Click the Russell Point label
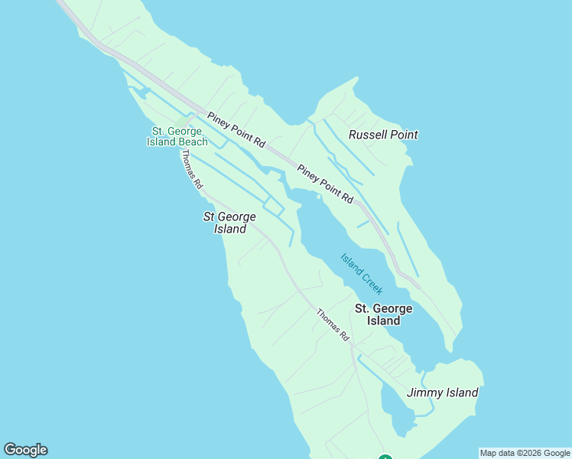(x=383, y=135)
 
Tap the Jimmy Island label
(x=442, y=392)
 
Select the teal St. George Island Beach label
(x=177, y=136)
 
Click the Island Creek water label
(x=362, y=273)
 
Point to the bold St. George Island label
(x=383, y=314)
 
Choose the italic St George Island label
(x=229, y=223)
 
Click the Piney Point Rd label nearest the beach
(x=236, y=130)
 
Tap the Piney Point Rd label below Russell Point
(x=326, y=184)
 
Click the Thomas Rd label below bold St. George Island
(x=333, y=324)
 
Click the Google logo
(x=25, y=450)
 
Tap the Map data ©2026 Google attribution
(x=525, y=453)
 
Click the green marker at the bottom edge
(x=385, y=457)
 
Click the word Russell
(x=367, y=135)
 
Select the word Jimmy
(x=424, y=392)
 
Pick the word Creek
(x=372, y=284)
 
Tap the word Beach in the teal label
(x=193, y=142)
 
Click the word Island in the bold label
(x=383, y=321)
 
